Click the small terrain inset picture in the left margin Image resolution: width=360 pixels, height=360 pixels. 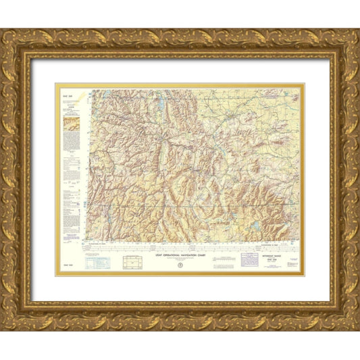click(70, 124)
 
